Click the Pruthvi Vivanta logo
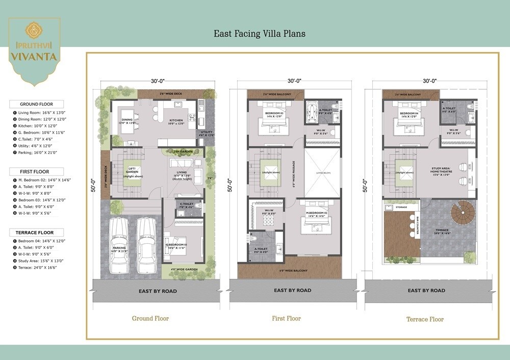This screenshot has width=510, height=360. coord(34,49)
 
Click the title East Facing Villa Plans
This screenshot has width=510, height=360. coord(260,34)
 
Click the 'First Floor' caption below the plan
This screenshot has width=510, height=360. coord(286,318)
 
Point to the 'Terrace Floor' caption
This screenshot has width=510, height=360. coord(425,319)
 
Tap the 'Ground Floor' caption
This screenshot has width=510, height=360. coord(150,318)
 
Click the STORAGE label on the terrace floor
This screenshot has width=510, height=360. coord(401,207)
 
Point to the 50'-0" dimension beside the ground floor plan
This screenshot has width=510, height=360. coord(93,185)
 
